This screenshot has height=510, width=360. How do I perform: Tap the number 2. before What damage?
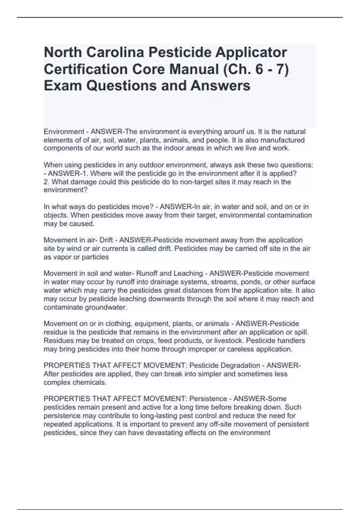point(46,182)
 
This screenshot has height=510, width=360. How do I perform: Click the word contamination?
point(288,215)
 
